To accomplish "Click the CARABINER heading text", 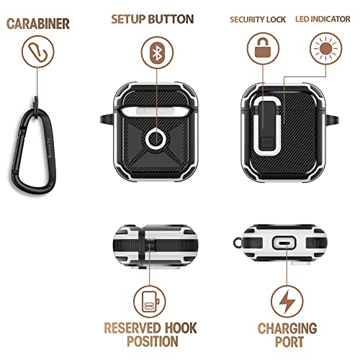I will (38, 23).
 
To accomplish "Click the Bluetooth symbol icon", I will (155, 53).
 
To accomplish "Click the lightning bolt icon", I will (287, 301).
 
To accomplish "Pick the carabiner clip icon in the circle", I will (37, 53).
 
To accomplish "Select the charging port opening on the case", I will (286, 244).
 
